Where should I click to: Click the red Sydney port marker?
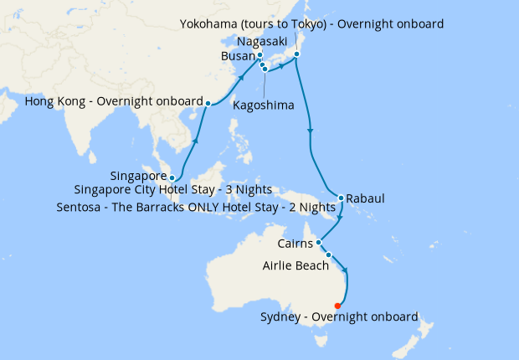pyautogui.click(x=337, y=306)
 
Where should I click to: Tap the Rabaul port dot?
pyautogui.click(x=341, y=198)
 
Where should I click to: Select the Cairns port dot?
pyautogui.click(x=319, y=243)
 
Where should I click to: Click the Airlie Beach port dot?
pyautogui.click(x=328, y=255)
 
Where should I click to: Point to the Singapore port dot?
pyautogui.click(x=172, y=177)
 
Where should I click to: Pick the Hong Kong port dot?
pyautogui.click(x=208, y=103)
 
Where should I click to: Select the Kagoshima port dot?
pyautogui.click(x=265, y=69)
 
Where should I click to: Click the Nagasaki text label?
pyautogui.click(x=263, y=40)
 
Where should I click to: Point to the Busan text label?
pyautogui.click(x=237, y=56)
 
